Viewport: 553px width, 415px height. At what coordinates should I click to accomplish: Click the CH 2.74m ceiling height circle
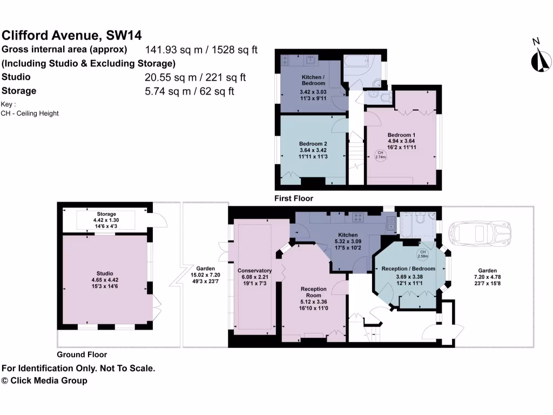pos(380,155)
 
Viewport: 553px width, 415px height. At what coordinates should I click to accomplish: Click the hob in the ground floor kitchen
pos(358,218)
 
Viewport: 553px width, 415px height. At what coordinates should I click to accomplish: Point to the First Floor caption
pos(294,198)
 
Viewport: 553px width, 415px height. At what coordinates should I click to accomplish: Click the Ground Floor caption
pos(82,354)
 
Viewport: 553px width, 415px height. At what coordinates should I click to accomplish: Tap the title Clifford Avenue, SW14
pos(72,36)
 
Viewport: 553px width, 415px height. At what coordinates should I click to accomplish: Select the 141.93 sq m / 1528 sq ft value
pos(201,50)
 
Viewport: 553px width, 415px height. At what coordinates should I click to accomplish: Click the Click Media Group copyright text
pos(44,380)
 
